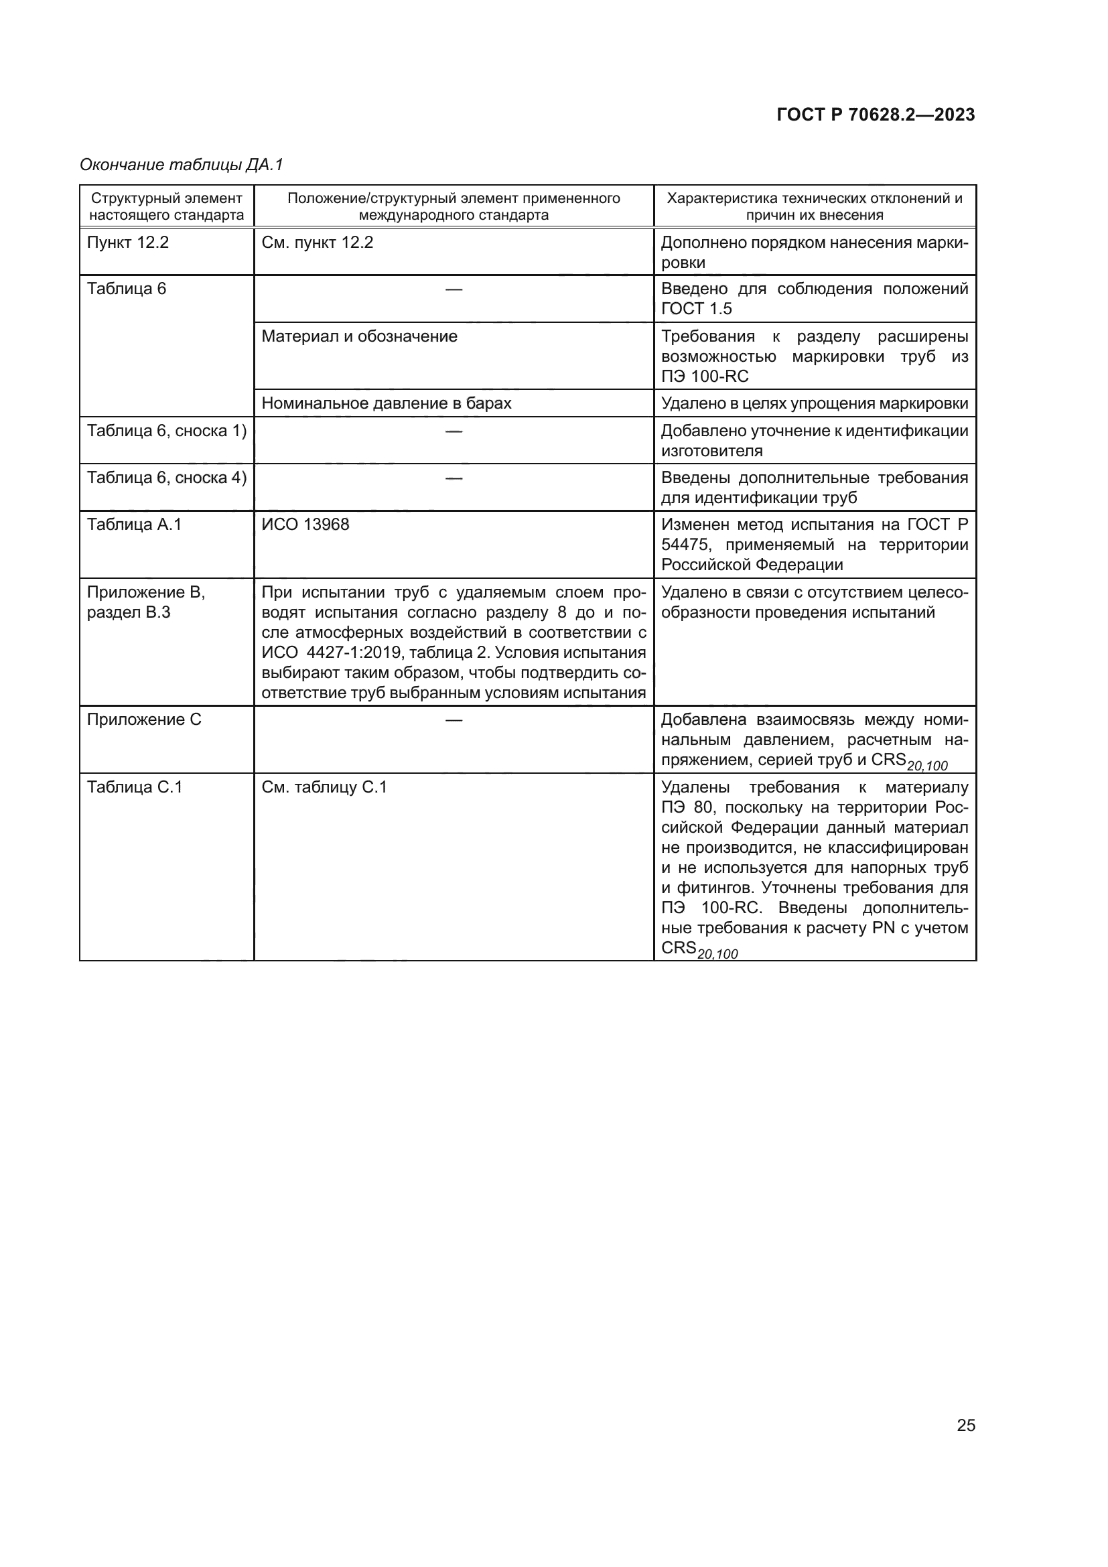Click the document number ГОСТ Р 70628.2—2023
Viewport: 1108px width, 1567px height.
[876, 115]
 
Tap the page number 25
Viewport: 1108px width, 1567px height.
[965, 1425]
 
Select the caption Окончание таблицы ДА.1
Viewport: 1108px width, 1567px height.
[181, 165]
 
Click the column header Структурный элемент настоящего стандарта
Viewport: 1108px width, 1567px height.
[167, 206]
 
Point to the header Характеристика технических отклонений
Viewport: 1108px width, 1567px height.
[814, 206]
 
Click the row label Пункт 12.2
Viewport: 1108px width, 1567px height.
[127, 243]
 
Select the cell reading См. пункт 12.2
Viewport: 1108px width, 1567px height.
[318, 243]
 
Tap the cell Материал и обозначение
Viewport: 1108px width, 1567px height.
[359, 336]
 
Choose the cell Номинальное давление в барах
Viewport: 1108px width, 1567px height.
[386, 403]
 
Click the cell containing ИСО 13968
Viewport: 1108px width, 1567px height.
[305, 525]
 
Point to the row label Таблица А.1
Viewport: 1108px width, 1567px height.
[135, 525]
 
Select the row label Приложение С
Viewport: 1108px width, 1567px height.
[144, 720]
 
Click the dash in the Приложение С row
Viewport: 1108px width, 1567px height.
[454, 720]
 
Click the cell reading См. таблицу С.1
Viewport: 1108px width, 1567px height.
[324, 788]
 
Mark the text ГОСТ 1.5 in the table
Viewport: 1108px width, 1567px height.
[696, 309]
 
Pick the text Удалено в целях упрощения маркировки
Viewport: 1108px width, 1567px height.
[814, 403]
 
